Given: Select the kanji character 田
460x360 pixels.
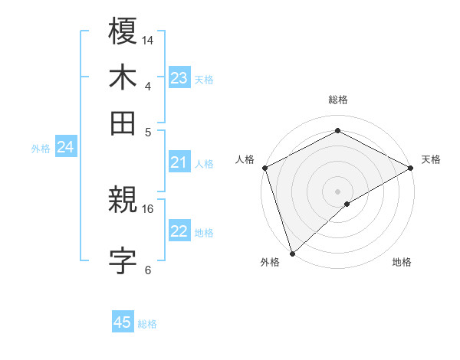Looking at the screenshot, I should (x=123, y=122).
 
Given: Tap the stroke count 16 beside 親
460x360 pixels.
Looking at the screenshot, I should (x=149, y=208).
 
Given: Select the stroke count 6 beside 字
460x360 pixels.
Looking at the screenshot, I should (x=148, y=270).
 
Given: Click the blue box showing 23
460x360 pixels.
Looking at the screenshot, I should (x=179, y=78).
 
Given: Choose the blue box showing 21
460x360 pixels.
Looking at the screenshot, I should (x=179, y=162).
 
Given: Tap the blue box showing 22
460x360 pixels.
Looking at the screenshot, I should (x=179, y=231).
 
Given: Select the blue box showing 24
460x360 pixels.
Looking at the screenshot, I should (x=65, y=148).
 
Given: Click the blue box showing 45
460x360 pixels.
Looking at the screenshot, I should (x=123, y=322).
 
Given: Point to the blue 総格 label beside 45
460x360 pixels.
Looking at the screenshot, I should (x=147, y=324).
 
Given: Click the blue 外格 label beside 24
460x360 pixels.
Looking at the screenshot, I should (x=41, y=149).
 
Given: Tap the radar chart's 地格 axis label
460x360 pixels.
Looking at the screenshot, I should (x=402, y=262).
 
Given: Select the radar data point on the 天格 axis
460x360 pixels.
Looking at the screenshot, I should (x=411, y=168).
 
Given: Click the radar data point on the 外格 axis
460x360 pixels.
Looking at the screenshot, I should (x=292, y=253).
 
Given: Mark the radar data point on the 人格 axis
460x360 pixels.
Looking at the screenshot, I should (x=264, y=168).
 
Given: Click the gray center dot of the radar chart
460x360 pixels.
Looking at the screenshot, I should (x=337, y=191).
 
